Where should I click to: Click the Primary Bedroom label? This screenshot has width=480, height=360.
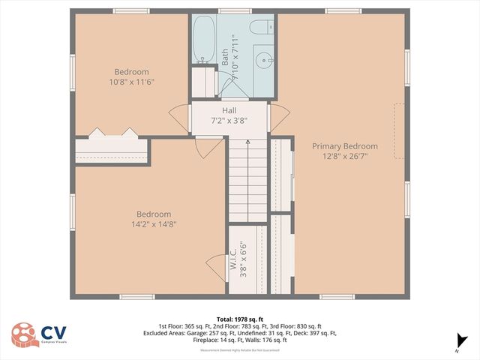345,146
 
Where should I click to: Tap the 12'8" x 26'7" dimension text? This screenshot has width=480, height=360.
345,157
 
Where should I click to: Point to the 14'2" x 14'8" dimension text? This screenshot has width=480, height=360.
153,223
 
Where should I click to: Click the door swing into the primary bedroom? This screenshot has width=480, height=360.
280,116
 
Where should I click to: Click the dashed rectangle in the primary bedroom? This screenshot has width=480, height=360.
399,130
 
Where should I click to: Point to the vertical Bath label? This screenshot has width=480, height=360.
224,58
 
